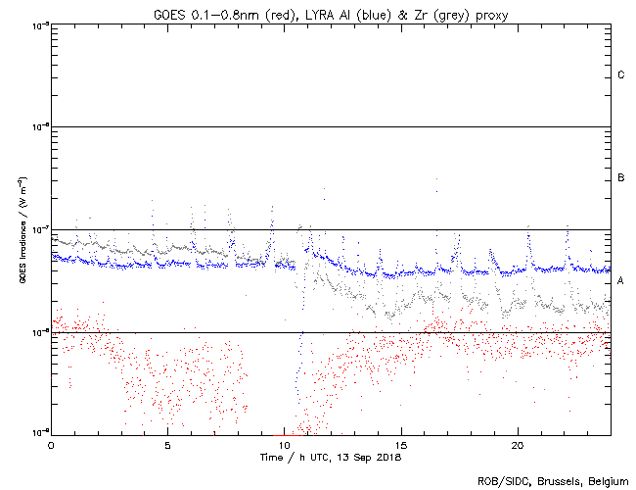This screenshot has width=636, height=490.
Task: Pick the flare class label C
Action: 621,75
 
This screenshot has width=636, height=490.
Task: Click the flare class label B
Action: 621,178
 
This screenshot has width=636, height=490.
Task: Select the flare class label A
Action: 621,281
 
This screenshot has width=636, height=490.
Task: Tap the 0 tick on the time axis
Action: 51,444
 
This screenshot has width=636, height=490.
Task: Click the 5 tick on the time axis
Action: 167,444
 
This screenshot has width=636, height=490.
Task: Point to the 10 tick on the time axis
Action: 285,444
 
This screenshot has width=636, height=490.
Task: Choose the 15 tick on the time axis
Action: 401,444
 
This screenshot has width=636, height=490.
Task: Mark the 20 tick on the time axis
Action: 518,444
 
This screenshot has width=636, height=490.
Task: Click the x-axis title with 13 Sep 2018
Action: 331,457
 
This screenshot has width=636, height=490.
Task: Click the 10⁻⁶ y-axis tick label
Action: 40,127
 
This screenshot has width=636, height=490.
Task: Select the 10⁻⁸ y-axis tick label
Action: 40,332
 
